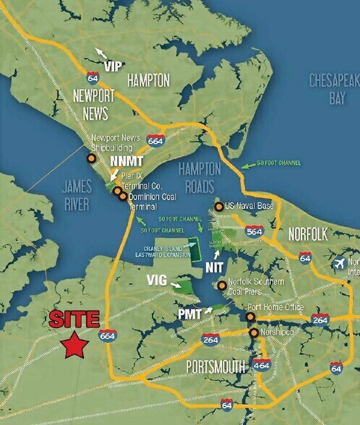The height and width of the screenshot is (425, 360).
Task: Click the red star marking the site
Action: point(73,345)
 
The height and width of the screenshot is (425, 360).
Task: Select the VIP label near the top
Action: point(112,66)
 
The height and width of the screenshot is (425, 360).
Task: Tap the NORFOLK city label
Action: point(308,235)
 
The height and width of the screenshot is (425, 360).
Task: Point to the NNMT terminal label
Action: point(123,161)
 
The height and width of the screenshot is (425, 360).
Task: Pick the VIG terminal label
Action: point(159,280)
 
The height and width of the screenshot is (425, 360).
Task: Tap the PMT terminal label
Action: point(190,314)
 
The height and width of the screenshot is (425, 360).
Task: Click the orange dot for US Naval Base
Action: point(218,207)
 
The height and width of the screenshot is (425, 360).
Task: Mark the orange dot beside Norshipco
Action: point(253,332)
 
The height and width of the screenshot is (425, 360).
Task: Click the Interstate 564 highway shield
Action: point(254,231)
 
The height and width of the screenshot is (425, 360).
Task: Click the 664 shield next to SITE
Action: point(108,335)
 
